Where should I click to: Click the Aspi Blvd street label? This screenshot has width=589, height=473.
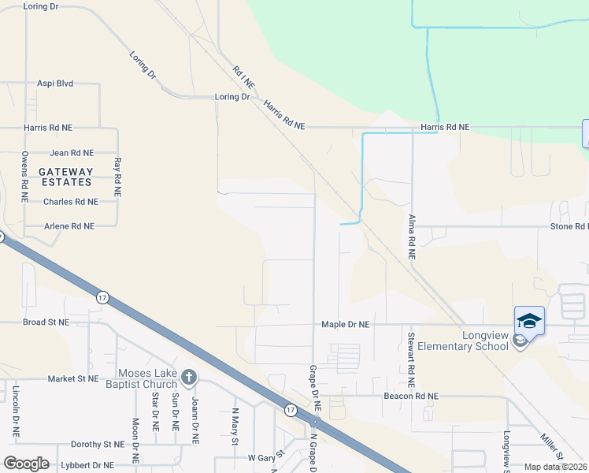coord(55,83)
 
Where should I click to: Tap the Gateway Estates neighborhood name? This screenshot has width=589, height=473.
coord(66,177)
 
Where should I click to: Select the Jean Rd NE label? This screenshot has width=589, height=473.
coord(72,153)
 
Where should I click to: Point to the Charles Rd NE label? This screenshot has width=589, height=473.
coord(71,202)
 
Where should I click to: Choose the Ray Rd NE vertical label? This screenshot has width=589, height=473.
coord(117,177)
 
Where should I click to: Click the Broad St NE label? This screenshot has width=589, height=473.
coord(46,322)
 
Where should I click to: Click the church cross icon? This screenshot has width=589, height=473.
coord(187,377)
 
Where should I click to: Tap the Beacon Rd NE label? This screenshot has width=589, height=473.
coord(410,396)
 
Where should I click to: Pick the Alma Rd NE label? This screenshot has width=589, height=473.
coord(411,237)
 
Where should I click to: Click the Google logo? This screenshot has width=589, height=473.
coord(27,464)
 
